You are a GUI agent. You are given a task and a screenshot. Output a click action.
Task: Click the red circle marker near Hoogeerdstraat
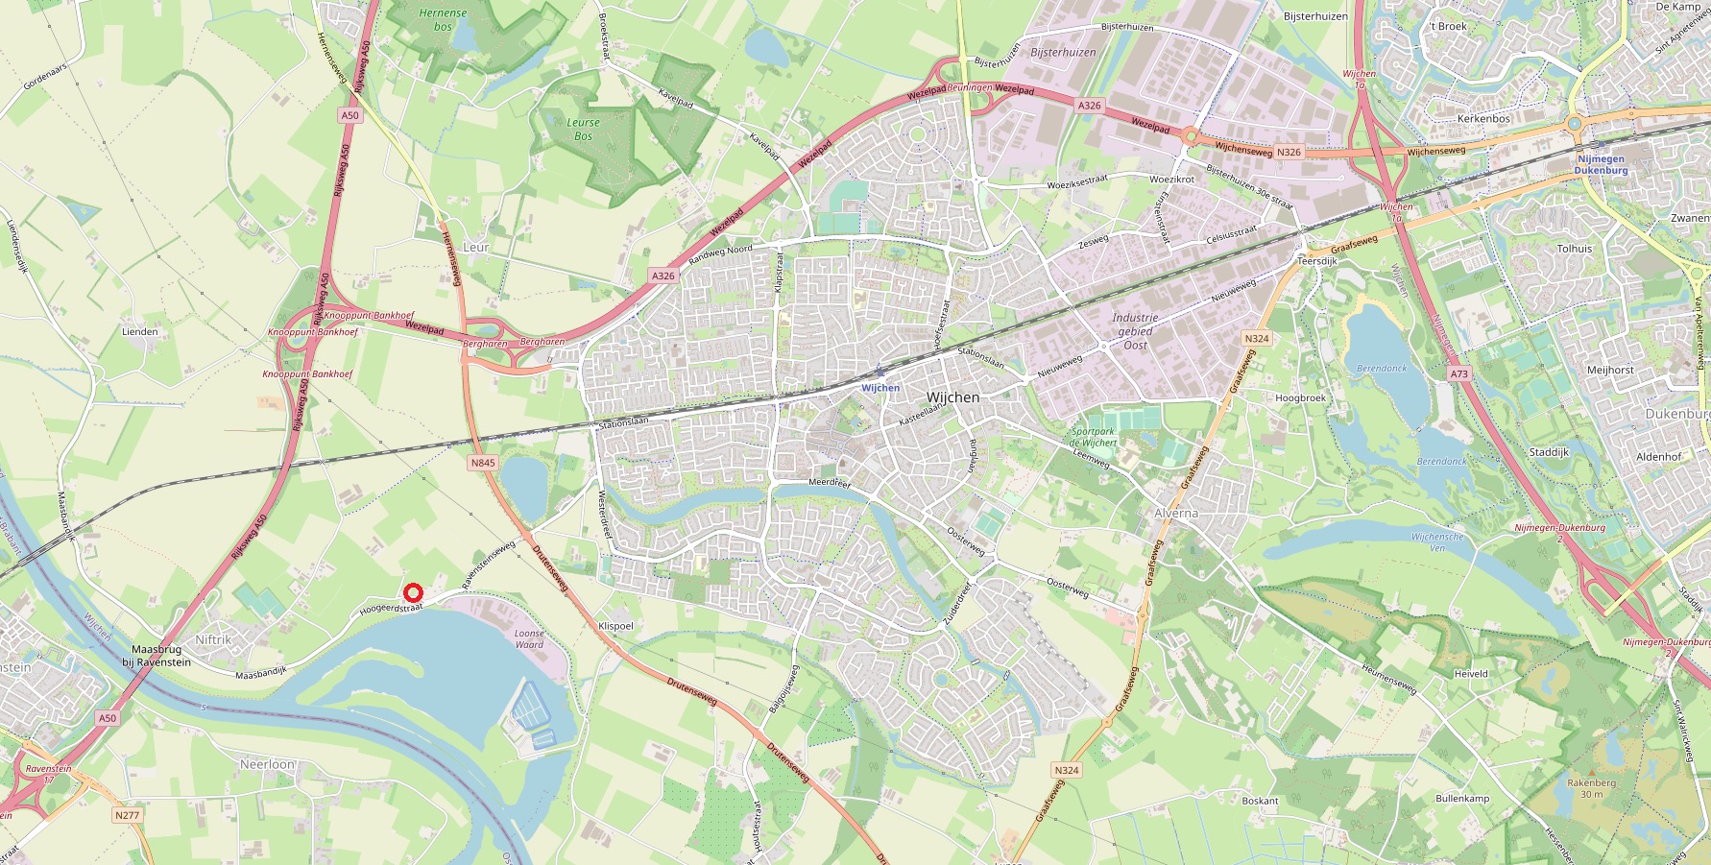[x=413, y=594]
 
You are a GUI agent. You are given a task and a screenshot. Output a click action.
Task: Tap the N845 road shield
[x=483, y=463]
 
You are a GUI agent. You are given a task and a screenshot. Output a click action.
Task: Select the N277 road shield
[x=127, y=815]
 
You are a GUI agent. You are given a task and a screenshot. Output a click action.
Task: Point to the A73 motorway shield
[x=1459, y=373]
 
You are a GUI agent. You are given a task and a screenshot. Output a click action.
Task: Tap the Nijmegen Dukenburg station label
[x=1601, y=164]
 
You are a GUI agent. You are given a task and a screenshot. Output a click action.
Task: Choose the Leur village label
[x=476, y=247]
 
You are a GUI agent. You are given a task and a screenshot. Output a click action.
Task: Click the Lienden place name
[x=140, y=332]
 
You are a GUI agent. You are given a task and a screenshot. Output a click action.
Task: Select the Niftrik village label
[x=213, y=639]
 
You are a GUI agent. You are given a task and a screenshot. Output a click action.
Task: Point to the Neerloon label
[x=267, y=764]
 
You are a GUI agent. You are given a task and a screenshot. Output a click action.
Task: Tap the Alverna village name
[x=1176, y=513]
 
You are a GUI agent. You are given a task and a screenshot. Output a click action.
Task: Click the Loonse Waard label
[x=529, y=638]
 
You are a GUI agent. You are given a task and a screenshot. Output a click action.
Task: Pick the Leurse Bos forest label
[x=583, y=130]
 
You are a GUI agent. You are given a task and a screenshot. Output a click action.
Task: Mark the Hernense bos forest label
[x=443, y=19]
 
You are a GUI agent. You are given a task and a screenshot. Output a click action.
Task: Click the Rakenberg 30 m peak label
[x=1591, y=787]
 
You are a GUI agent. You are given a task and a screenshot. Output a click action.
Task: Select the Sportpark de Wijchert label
[x=1094, y=437]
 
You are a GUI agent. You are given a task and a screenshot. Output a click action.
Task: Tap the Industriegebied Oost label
[x=1135, y=331]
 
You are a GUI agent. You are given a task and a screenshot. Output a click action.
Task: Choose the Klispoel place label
[x=615, y=626]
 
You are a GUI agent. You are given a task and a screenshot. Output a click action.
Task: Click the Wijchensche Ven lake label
[x=1437, y=542]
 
